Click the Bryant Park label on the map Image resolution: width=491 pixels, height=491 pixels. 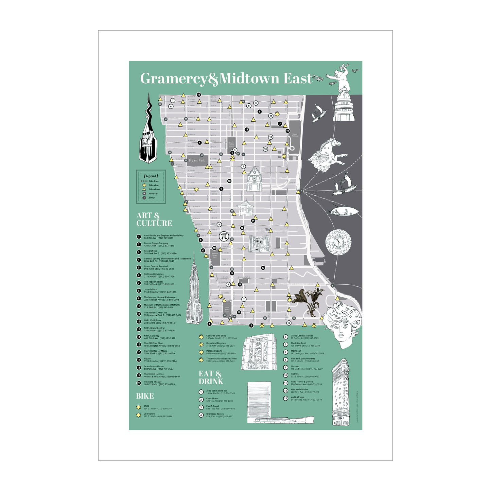point(197,160)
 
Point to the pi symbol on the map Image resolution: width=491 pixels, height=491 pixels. point(224,236)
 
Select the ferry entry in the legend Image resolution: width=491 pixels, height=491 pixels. point(151,197)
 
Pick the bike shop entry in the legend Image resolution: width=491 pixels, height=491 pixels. point(154,185)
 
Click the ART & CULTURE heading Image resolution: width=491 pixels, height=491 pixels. point(154,220)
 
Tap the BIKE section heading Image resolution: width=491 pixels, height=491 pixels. point(145,396)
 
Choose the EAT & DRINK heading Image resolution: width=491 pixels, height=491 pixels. point(211,378)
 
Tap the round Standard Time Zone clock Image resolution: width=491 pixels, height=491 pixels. point(338,242)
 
